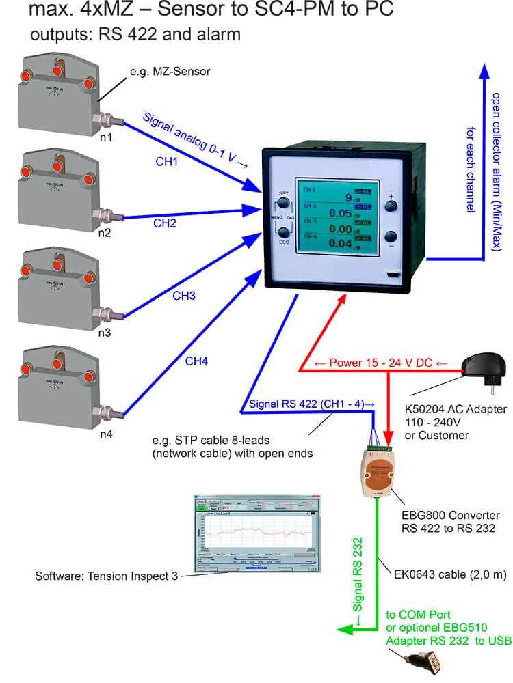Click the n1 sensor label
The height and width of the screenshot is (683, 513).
[107, 137]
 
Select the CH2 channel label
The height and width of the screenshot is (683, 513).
[165, 223]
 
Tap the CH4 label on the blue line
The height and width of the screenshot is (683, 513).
[196, 362]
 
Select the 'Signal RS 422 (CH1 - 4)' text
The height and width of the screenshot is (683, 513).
[311, 404]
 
